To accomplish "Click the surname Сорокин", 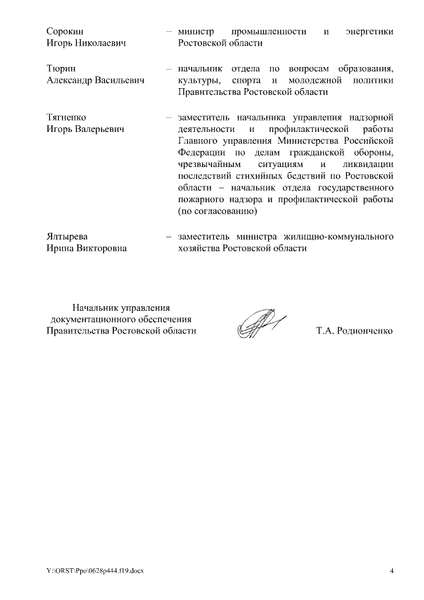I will (x=66, y=31).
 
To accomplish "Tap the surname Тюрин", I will (x=60, y=68).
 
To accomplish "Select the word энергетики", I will (x=369, y=31).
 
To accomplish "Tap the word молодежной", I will (x=315, y=80).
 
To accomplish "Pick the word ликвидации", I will (x=368, y=164).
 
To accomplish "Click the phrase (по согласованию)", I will (x=217, y=212).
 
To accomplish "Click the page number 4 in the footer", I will (x=392, y=571).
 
